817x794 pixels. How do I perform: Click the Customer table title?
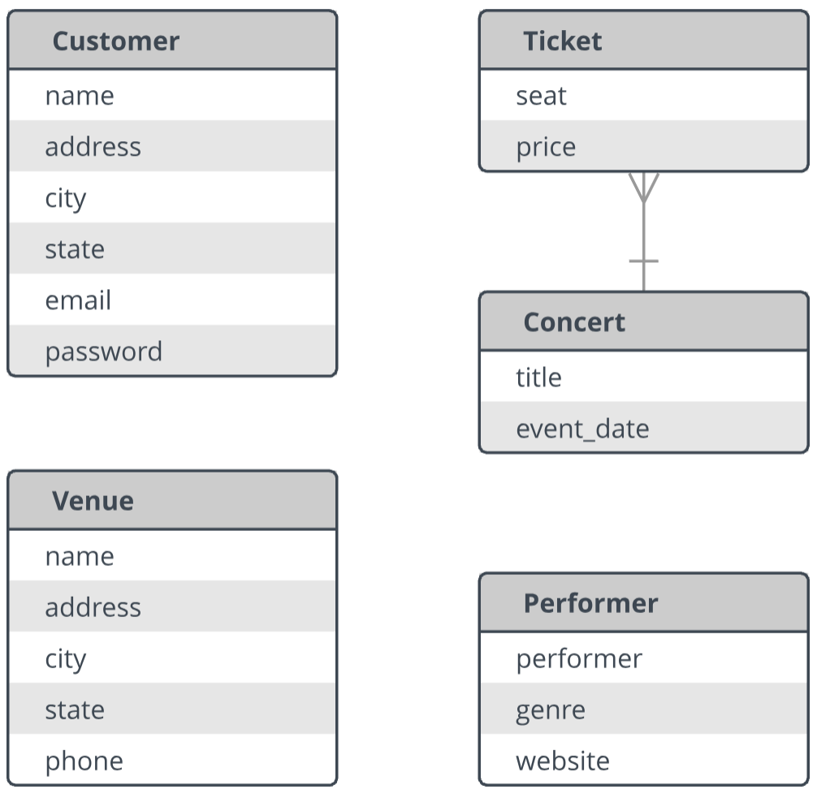115,41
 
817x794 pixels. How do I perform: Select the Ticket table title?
562,41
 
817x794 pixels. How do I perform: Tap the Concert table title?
574,322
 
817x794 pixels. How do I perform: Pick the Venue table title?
93,501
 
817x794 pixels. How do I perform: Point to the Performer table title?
591,603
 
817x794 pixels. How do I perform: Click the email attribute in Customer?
78,300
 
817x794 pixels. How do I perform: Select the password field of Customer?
104,352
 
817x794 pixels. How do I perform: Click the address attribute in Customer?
93,147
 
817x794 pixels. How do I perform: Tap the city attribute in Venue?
66,660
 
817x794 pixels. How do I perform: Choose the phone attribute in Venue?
84,762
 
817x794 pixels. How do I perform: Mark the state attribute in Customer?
75,249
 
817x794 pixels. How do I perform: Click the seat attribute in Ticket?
541,97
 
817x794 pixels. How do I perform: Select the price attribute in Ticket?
546,148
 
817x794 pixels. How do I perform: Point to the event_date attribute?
582,429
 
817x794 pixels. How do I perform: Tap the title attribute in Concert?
538,378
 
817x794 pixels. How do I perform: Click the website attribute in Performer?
563,762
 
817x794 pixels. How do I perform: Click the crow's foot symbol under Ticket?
644,188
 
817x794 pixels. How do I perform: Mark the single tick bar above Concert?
644,261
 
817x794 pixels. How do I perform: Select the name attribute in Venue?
80,557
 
